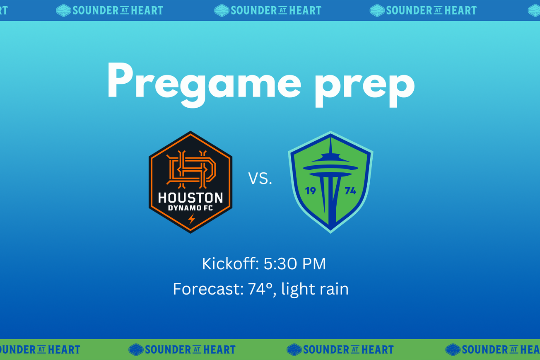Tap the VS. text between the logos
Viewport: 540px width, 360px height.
(260, 178)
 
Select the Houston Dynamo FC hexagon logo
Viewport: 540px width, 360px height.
(190, 182)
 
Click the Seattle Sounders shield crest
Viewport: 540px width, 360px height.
(330, 182)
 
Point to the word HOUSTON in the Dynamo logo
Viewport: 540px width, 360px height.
(190, 198)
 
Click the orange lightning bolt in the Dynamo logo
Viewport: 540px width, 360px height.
(191, 219)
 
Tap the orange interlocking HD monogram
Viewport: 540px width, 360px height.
(190, 168)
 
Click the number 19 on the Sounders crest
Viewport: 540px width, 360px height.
(310, 191)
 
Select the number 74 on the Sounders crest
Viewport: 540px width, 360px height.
(350, 191)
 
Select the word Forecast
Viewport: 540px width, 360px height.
(208, 289)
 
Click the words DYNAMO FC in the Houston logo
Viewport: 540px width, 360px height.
(190, 208)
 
